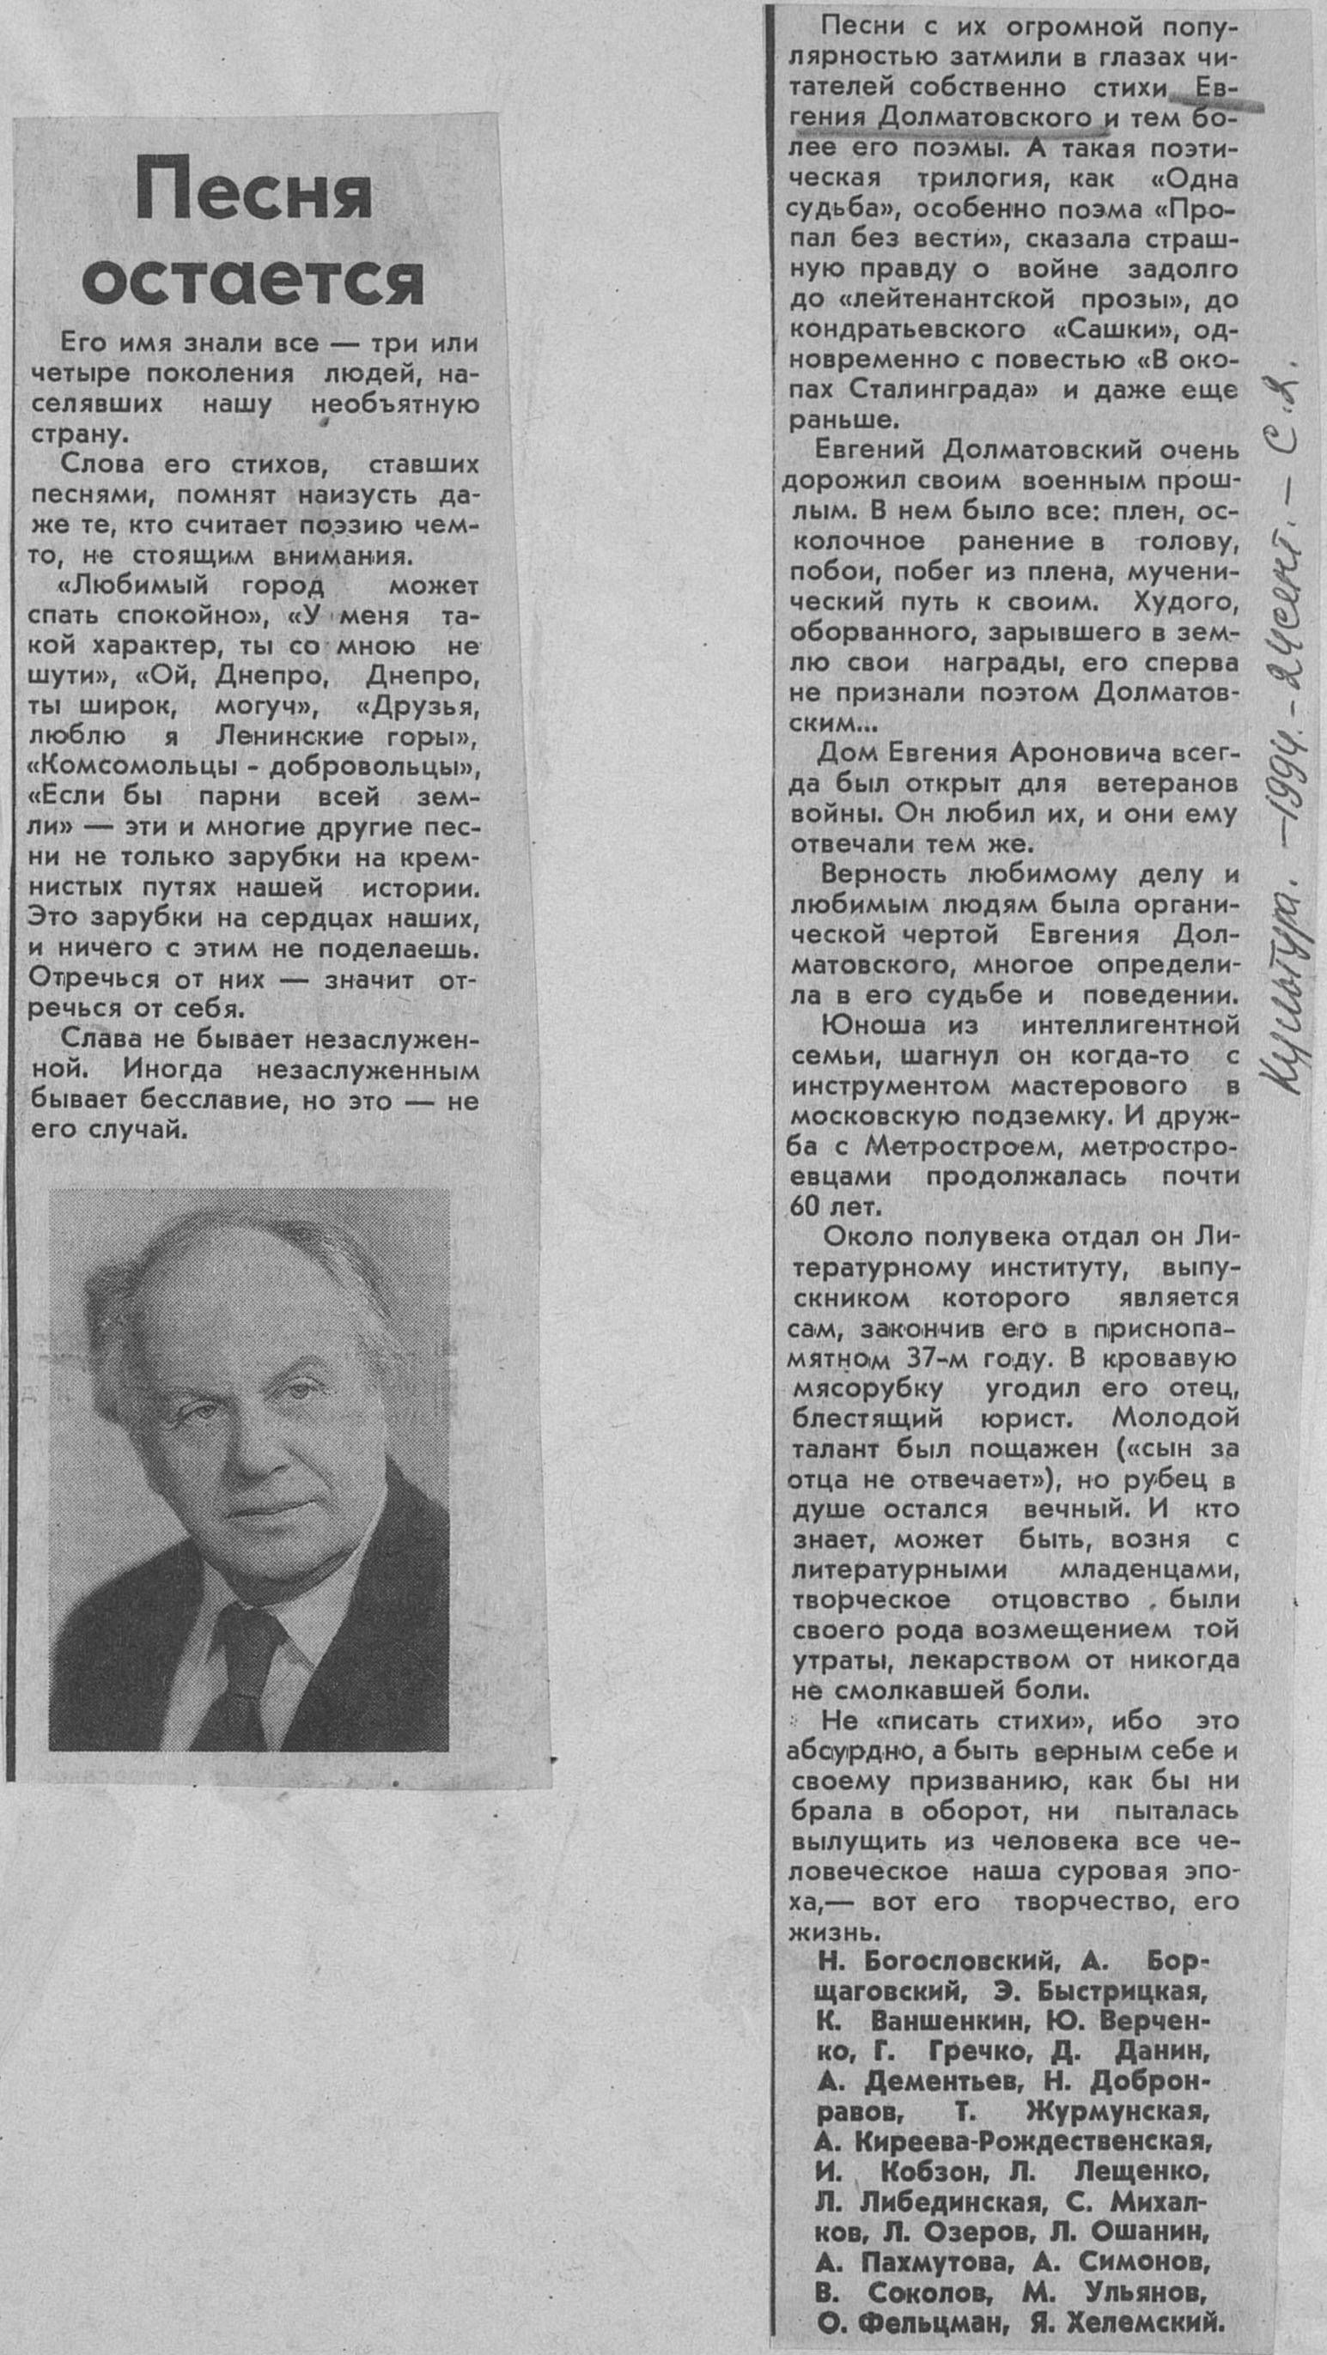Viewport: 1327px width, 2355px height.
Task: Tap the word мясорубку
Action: pos(867,1388)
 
